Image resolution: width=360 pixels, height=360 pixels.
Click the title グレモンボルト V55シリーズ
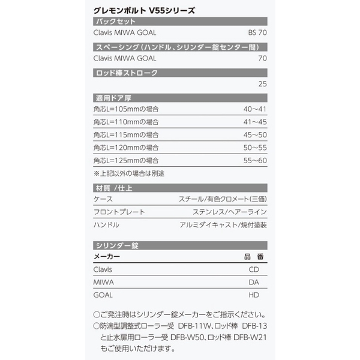(x=143, y=10)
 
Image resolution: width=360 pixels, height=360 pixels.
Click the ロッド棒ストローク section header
(x=127, y=73)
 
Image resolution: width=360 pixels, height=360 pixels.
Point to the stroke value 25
(x=262, y=84)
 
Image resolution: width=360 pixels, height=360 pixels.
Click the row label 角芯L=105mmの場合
(x=126, y=109)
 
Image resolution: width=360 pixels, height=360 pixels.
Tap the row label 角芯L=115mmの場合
(x=126, y=134)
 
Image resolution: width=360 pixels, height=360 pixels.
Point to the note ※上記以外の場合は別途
(x=129, y=173)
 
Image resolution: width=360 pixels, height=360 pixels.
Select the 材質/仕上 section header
(x=114, y=188)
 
